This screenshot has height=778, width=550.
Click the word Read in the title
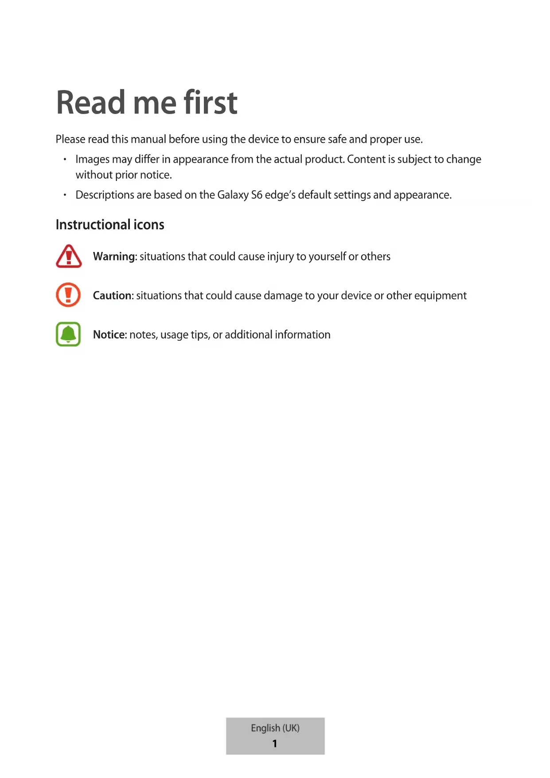(91, 102)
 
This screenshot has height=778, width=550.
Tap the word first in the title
(211, 102)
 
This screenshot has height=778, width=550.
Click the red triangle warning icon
(69, 256)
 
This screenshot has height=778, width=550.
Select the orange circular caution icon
(68, 295)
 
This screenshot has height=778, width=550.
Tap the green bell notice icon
(68, 334)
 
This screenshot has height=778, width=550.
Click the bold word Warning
(114, 257)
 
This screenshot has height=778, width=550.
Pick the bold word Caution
(113, 296)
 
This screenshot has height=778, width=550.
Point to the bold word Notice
(109, 335)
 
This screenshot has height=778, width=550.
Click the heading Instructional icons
(110, 225)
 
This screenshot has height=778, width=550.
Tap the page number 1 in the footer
(275, 743)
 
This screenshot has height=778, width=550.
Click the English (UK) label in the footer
(275, 728)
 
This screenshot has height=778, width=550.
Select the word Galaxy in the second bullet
(233, 195)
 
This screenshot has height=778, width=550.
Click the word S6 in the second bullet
(257, 195)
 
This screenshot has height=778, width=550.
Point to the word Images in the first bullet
(92, 160)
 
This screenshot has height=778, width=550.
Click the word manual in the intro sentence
(148, 139)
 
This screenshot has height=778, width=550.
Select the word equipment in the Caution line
(440, 296)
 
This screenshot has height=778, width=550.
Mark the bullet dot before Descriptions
(65, 195)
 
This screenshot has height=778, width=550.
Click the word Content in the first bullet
(366, 159)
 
